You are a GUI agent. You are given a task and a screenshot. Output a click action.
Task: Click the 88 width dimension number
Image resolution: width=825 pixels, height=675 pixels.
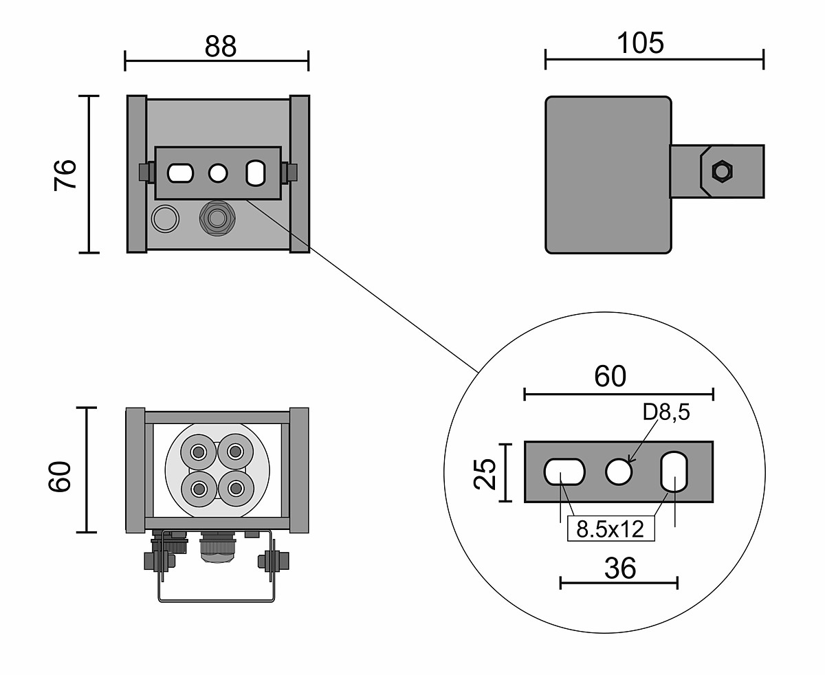click(x=220, y=46)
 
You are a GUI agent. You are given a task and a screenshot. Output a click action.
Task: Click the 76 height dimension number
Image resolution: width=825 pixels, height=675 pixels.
click(x=66, y=175)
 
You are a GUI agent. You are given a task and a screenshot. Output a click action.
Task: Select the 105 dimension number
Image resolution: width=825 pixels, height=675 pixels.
click(x=640, y=43)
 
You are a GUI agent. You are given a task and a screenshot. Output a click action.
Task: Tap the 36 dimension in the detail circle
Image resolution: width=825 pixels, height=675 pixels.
click(x=619, y=568)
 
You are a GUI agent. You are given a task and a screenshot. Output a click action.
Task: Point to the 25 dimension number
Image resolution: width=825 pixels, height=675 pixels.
click(x=485, y=473)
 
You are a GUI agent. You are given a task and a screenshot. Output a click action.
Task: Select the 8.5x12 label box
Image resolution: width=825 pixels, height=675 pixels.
click(x=610, y=529)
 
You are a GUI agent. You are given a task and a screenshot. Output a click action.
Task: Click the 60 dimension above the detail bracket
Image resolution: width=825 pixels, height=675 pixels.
click(x=610, y=376)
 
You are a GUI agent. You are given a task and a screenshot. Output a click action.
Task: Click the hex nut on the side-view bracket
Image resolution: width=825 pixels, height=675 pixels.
click(x=720, y=170)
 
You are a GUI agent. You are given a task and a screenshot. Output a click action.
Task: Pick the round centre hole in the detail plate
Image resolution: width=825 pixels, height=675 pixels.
click(x=619, y=472)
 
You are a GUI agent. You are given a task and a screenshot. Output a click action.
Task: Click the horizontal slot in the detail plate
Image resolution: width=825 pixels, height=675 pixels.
click(x=564, y=472)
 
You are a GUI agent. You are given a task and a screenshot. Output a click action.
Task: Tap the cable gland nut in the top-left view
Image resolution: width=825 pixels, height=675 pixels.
click(x=217, y=219)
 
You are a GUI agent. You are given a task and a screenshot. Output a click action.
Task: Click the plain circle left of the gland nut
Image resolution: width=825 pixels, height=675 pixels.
click(x=164, y=219)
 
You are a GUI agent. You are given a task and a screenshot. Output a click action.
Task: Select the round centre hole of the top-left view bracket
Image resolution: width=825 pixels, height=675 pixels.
click(x=218, y=173)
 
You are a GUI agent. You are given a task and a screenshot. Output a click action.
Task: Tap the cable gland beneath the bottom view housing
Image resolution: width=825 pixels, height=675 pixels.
click(x=217, y=548)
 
